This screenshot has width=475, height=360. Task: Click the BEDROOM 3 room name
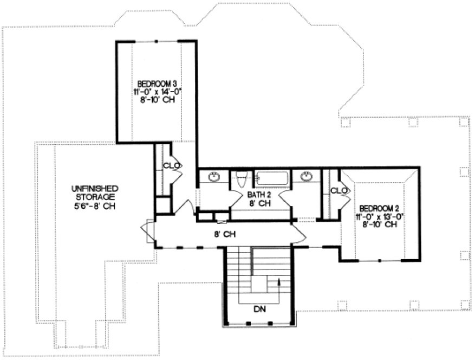157,84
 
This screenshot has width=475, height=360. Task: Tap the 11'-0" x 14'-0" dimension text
157,92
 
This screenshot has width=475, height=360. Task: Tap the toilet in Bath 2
242,178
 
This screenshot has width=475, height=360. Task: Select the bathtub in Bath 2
273,177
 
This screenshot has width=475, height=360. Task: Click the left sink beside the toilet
214,177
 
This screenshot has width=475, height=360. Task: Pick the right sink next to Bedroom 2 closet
307,177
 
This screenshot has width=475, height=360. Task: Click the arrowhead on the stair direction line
279,280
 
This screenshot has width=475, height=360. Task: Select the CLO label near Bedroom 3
171,165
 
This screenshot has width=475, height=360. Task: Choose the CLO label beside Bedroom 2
339,191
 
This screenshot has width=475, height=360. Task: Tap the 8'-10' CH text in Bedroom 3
157,100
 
